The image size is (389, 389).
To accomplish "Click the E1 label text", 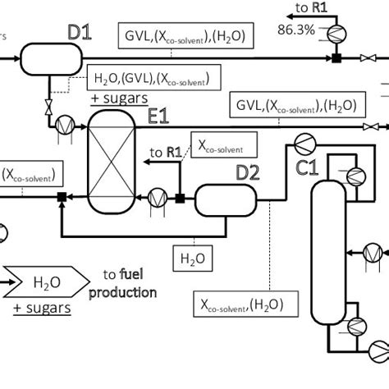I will point(158,118).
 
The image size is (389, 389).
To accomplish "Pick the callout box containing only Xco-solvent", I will point(222,145).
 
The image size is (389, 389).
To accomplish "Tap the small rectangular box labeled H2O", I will point(190,259).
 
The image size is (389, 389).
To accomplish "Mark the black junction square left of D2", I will point(180,197).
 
